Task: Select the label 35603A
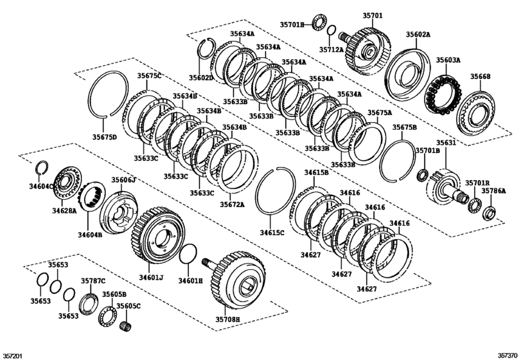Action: (448, 60)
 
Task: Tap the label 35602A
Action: (418, 34)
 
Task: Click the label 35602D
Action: (201, 77)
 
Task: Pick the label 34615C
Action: (272, 232)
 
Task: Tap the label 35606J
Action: (123, 180)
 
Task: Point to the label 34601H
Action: (191, 281)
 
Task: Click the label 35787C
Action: (93, 280)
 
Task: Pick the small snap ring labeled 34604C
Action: (41, 168)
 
